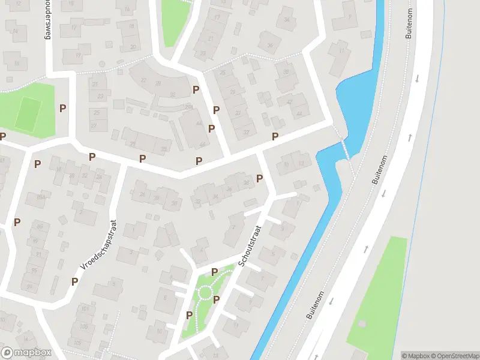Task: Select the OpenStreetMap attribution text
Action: tap(454, 355)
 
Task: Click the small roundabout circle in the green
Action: tap(205, 293)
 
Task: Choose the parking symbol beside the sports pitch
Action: tap(62, 108)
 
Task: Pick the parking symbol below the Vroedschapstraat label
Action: tap(75, 281)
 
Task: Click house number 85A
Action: tap(41, 197)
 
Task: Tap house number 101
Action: tap(84, 309)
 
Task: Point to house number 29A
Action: tap(188, 107)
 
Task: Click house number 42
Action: tap(290, 102)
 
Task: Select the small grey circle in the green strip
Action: tap(362, 323)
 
